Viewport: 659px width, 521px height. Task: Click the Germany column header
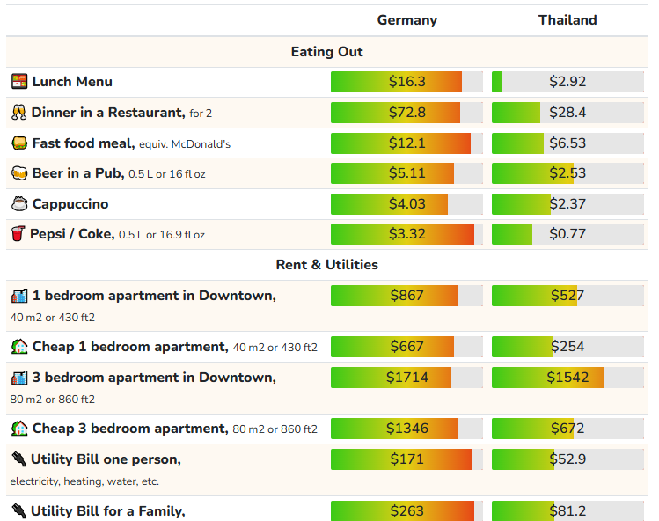point(406,20)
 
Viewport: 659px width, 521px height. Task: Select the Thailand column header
point(567,20)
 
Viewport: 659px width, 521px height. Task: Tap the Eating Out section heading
point(326,52)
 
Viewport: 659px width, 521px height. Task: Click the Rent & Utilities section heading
point(326,264)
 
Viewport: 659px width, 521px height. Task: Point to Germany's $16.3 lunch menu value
point(406,82)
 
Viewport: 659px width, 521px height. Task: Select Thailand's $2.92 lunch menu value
point(567,82)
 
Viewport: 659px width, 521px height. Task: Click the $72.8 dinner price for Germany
point(406,113)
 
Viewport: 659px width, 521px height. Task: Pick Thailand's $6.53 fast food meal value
point(567,143)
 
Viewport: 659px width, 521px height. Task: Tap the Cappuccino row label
point(70,204)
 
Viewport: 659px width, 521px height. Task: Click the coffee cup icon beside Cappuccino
point(19,204)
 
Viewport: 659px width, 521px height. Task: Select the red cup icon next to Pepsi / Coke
point(18,234)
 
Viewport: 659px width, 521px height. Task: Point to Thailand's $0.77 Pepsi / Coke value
point(567,234)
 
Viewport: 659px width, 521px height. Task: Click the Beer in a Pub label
point(78,173)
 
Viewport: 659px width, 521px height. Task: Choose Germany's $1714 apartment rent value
point(406,378)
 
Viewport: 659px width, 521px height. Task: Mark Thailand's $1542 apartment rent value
point(567,378)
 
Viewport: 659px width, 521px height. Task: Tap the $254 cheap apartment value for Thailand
point(567,347)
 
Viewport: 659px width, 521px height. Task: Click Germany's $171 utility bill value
point(406,459)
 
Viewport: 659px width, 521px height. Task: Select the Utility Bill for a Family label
point(107,510)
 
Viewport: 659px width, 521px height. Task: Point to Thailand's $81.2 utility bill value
point(567,510)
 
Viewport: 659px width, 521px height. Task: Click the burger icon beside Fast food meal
point(19,143)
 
